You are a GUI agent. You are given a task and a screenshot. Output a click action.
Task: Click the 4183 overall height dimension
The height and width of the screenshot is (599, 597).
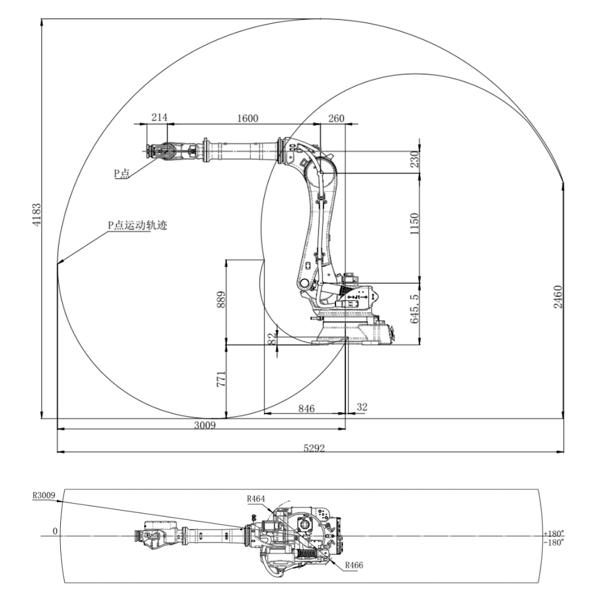tap(37, 216)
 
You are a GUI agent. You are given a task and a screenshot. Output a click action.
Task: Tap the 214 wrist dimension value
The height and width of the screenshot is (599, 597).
tap(160, 118)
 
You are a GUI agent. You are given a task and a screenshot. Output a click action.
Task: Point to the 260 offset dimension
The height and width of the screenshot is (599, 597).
tap(336, 118)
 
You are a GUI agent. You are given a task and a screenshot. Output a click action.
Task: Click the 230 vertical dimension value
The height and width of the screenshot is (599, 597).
tap(415, 161)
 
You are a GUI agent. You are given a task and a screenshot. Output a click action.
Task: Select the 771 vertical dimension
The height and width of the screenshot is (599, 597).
tap(221, 380)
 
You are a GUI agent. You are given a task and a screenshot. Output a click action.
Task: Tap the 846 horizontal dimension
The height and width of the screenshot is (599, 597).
tap(306, 409)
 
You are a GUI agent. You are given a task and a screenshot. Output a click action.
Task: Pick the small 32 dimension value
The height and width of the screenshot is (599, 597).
tap(362, 407)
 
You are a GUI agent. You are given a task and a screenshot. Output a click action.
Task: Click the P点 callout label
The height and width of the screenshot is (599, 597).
tap(121, 174)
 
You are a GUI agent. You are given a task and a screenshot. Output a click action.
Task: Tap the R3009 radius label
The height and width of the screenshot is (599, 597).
tap(45, 495)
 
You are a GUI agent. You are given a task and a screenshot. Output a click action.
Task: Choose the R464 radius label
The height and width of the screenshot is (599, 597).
tap(256, 499)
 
